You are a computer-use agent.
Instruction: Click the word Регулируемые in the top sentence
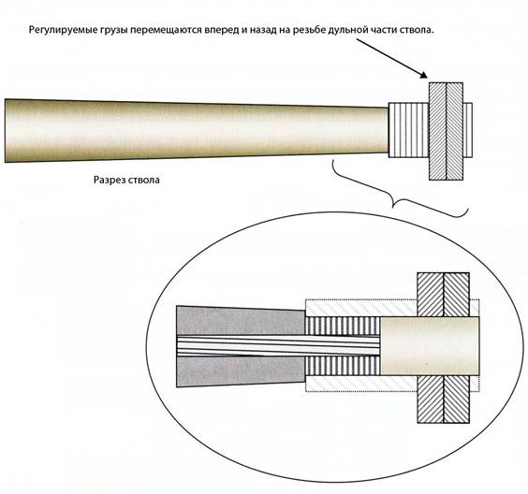[63, 30]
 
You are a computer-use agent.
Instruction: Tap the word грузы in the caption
[113, 30]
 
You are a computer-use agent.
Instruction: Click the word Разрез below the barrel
[110, 180]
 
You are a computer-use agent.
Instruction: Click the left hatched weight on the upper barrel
[437, 131]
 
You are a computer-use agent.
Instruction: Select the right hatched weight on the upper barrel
[455, 131]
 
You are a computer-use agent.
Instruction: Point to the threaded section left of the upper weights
[409, 130]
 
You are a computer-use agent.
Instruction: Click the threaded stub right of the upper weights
[468, 130]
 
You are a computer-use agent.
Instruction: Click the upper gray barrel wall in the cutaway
[241, 321]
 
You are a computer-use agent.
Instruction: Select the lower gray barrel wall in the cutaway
[241, 370]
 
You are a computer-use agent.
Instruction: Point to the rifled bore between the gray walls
[278, 345]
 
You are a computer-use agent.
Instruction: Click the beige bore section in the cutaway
[430, 346]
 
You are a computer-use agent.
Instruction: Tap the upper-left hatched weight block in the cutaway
[431, 295]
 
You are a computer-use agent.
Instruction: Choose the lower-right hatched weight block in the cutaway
[456, 400]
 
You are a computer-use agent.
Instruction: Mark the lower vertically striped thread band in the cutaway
[343, 366]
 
